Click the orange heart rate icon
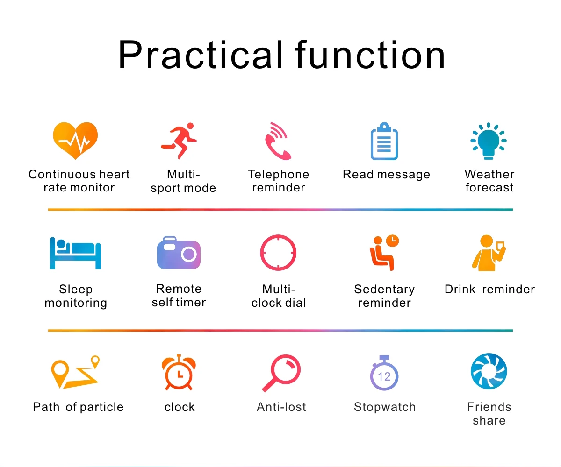[x=75, y=141]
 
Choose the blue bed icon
[x=75, y=253]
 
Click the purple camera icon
[x=179, y=253]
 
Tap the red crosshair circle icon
[x=278, y=253]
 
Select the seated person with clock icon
[x=384, y=253]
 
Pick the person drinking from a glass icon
[x=489, y=253]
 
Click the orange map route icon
[x=75, y=373]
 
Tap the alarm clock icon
[x=179, y=373]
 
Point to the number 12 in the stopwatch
[x=384, y=376]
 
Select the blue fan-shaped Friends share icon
[x=489, y=372]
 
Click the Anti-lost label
[x=281, y=407]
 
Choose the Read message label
[x=386, y=175]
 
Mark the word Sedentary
[x=384, y=289]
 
